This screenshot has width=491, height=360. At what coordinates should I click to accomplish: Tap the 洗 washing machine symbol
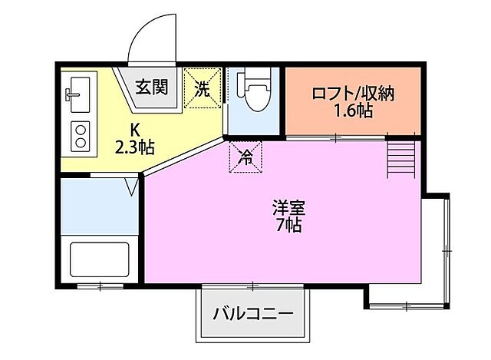[x=203, y=88]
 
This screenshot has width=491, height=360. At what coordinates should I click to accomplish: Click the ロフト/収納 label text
[x=353, y=94]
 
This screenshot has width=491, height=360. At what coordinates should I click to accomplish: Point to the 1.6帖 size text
[x=353, y=111]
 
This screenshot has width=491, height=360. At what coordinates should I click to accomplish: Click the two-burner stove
[x=79, y=135]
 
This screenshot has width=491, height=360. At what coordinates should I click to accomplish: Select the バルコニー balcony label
[x=253, y=314]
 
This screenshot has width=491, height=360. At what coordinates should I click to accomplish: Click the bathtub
[x=100, y=261]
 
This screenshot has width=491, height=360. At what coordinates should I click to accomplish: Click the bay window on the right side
[x=440, y=249]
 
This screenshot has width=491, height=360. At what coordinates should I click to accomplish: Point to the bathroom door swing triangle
[x=132, y=185]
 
